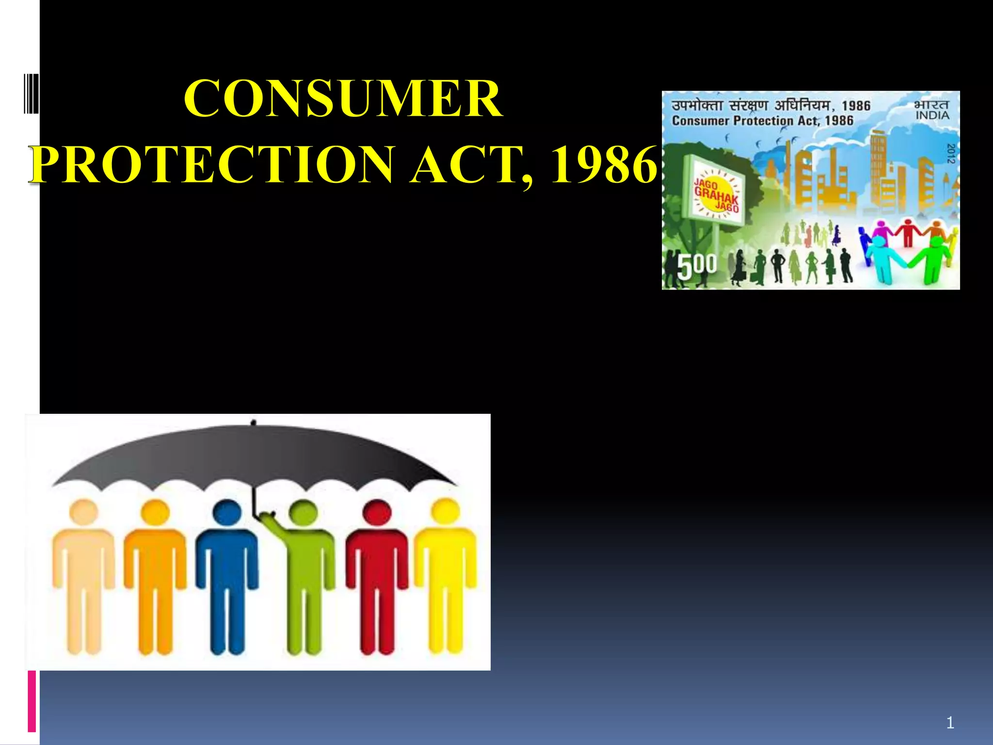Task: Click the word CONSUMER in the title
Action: (x=343, y=99)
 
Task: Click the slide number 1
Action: (x=950, y=723)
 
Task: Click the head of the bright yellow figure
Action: (x=445, y=512)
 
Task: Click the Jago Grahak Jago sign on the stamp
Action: (x=716, y=194)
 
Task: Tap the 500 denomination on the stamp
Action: (x=696, y=266)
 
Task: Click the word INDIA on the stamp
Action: (x=932, y=116)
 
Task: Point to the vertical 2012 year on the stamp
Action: (x=951, y=153)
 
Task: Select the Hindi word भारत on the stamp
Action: (x=931, y=105)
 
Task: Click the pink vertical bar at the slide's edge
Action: (x=32, y=701)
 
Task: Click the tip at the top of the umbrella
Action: (x=253, y=422)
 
